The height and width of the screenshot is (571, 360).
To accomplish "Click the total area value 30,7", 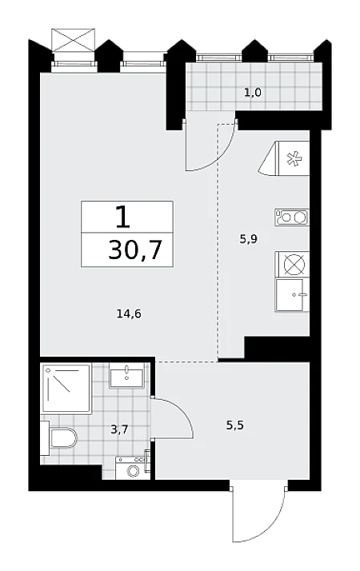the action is point(135,250).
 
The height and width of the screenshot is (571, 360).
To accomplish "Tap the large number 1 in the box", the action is point(122,217).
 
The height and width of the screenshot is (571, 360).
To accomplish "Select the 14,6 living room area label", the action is point(129,313).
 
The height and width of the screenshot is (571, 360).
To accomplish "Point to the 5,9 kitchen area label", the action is point(249,239).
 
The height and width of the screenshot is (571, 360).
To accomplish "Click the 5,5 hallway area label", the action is point(235,425).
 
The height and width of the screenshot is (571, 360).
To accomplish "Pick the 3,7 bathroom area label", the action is point(119,430).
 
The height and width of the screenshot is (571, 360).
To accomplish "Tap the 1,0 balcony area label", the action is point(253,93).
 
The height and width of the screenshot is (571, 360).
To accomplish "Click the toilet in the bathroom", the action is point(59,437).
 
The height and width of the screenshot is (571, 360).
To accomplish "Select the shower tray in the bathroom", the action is point(66,389).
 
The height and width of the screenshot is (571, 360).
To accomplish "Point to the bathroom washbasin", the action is point(127,375).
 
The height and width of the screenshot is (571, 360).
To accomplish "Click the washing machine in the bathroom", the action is point(134,468).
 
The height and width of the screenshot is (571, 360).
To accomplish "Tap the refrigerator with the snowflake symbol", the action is point(284,158).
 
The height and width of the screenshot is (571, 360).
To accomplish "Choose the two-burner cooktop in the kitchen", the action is point(292,218).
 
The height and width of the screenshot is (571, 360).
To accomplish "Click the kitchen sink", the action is point(292,295).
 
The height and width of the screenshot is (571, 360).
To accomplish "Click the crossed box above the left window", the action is point(74,39).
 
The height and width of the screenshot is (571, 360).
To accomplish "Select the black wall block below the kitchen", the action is point(277,349).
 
